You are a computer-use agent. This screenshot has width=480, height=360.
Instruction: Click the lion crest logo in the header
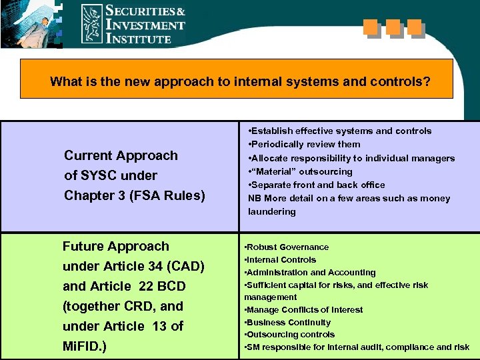pyautogui.click(x=92, y=24)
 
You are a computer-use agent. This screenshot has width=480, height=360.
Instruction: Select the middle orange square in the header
pyautogui.click(x=393, y=28)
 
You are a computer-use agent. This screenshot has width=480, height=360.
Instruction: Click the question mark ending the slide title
pyautogui.click(x=427, y=83)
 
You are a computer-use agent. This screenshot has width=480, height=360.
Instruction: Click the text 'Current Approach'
pyautogui.click(x=121, y=155)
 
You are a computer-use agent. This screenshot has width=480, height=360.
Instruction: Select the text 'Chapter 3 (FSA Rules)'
pyautogui.click(x=134, y=195)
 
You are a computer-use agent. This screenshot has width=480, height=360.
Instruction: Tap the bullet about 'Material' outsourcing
pyautogui.click(x=300, y=171)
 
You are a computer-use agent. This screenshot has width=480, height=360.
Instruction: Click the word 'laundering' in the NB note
pyautogui.click(x=271, y=211)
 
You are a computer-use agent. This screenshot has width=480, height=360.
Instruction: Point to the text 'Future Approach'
pyautogui.click(x=116, y=246)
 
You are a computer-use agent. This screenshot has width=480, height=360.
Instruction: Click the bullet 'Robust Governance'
pyautogui.click(x=287, y=247)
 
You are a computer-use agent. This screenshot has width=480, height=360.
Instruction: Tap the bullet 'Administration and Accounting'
pyautogui.click(x=310, y=272)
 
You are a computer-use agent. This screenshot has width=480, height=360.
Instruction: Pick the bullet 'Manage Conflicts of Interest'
pyautogui.click(x=303, y=309)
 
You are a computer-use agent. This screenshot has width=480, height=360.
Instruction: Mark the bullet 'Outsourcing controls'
pyautogui.click(x=289, y=335)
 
